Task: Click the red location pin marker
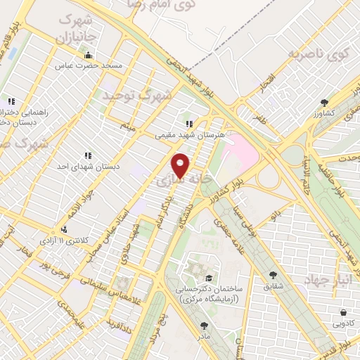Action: (x=181, y=165)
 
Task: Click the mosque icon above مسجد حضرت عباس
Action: (x=88, y=55)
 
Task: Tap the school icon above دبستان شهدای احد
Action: (x=88, y=155)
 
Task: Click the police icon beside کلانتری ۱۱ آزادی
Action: (x=65, y=229)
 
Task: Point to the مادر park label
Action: (x=205, y=336)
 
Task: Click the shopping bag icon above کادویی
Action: (x=342, y=312)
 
